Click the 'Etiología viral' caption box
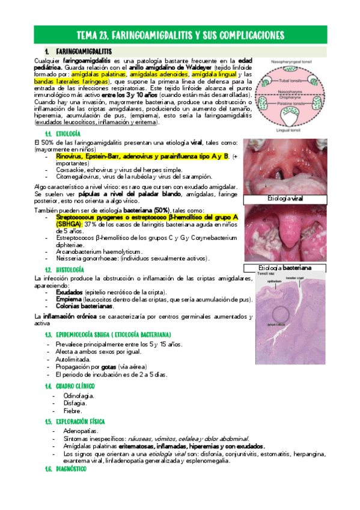tap(286, 198)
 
